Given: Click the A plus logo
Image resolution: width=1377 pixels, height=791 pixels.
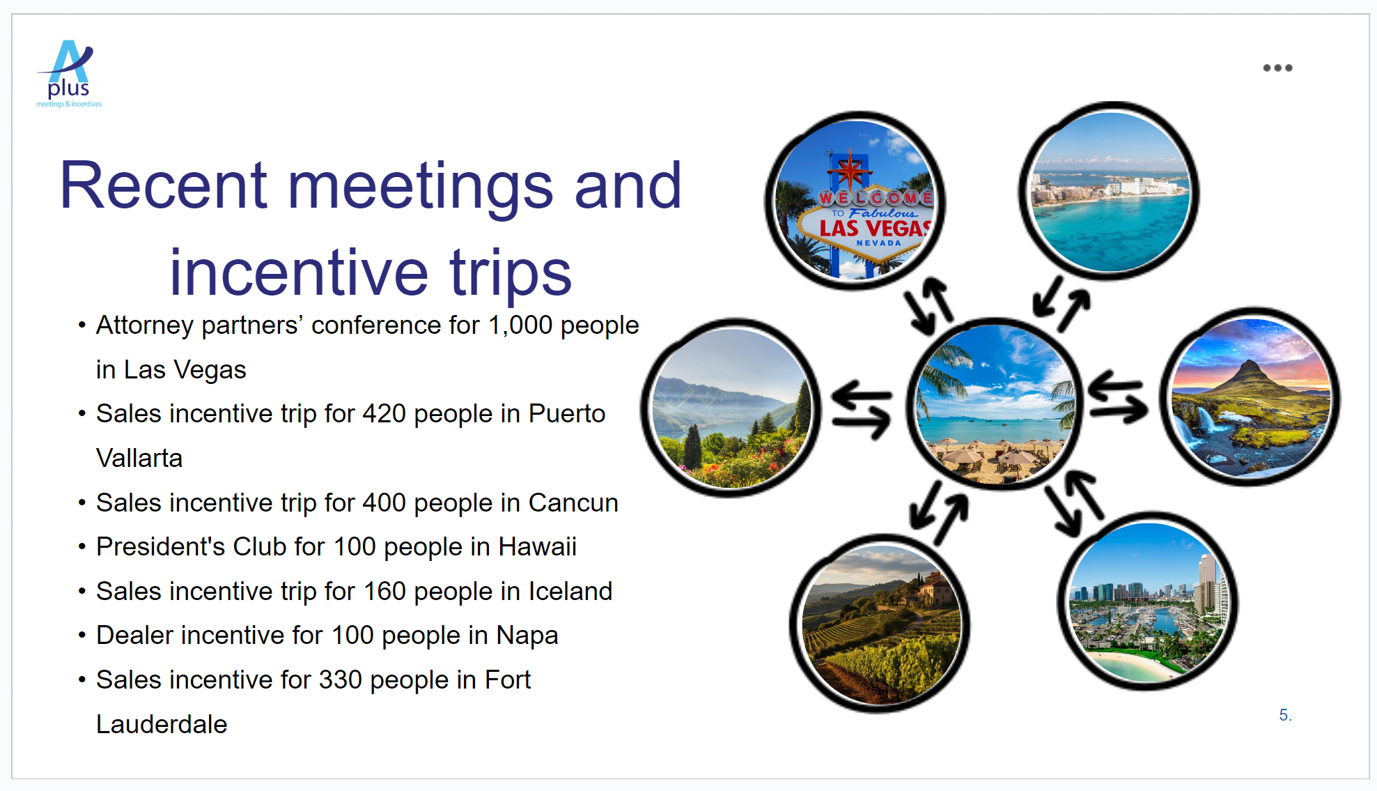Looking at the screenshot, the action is tap(69, 73).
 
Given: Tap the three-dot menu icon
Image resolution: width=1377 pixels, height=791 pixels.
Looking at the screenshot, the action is tap(1277, 68).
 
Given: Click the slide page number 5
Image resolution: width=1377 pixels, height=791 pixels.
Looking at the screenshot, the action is tap(1285, 715).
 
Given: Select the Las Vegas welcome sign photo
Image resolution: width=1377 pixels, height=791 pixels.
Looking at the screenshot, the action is tap(855, 200).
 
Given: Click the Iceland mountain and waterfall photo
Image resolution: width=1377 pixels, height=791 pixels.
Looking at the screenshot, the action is tap(1250, 397).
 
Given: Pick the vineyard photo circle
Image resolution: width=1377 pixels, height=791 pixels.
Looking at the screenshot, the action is tap(880, 623).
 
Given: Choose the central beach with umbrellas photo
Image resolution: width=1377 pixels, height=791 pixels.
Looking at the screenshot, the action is tap(995, 404).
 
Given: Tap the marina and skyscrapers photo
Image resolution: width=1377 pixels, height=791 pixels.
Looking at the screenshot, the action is tap(1148, 601).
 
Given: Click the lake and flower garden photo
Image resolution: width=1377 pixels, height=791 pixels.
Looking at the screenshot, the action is tap(731, 408).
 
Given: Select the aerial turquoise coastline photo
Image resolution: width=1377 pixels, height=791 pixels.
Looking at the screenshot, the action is tap(1109, 191).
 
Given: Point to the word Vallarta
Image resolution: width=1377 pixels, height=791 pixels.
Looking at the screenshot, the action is tap(139, 459).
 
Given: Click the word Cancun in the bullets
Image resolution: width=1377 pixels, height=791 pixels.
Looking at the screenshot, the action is tap(573, 503).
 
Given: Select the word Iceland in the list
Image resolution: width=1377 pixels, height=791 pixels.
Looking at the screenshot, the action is tap(570, 592).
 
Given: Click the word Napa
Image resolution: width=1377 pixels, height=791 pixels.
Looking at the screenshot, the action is tap(527, 636).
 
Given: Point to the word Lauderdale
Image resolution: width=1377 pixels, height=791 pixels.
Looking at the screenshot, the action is tap(162, 725).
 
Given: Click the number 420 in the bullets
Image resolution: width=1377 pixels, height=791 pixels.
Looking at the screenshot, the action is tap(384, 414).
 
